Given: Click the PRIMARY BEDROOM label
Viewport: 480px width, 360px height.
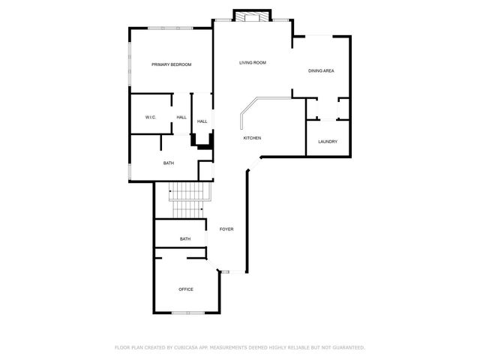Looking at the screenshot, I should pyautogui.click(x=171, y=65).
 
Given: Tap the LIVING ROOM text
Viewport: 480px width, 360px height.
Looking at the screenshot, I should pyautogui.click(x=253, y=63).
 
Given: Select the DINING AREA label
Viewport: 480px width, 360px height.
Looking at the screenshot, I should pyautogui.click(x=321, y=71).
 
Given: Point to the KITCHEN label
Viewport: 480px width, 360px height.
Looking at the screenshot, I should pyautogui.click(x=252, y=139).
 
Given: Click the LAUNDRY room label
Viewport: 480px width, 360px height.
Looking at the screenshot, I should pyautogui.click(x=327, y=142).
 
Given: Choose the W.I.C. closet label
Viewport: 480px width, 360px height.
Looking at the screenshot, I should pyautogui.click(x=150, y=118).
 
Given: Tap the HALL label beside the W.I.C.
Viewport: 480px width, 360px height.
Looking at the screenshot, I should pyautogui.click(x=181, y=118).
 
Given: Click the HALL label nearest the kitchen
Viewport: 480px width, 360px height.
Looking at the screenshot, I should pyautogui.click(x=202, y=121).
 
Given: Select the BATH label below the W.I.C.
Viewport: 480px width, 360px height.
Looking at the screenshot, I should pyautogui.click(x=169, y=163).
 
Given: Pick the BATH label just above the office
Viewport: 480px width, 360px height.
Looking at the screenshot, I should pyautogui.click(x=184, y=239).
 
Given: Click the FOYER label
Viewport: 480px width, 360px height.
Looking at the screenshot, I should pyautogui.click(x=226, y=229).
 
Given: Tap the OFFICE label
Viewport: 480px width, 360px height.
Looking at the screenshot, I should pyautogui.click(x=185, y=289).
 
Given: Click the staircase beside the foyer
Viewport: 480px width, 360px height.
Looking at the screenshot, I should pyautogui.click(x=187, y=202).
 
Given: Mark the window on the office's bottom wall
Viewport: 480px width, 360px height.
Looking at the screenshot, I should pyautogui.click(x=185, y=312).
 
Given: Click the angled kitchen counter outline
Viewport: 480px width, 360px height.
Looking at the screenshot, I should pyautogui.click(x=247, y=108).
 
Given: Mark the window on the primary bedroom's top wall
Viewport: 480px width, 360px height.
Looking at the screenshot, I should pyautogui.click(x=168, y=28).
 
